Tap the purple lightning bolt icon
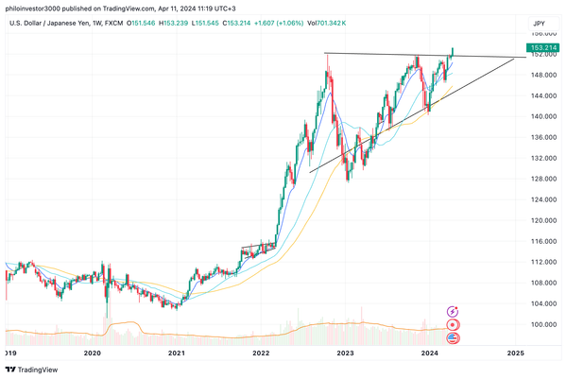pos(453,310)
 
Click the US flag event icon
pos(453,337)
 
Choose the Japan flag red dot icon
pos(453,324)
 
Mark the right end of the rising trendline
pos(515,59)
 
